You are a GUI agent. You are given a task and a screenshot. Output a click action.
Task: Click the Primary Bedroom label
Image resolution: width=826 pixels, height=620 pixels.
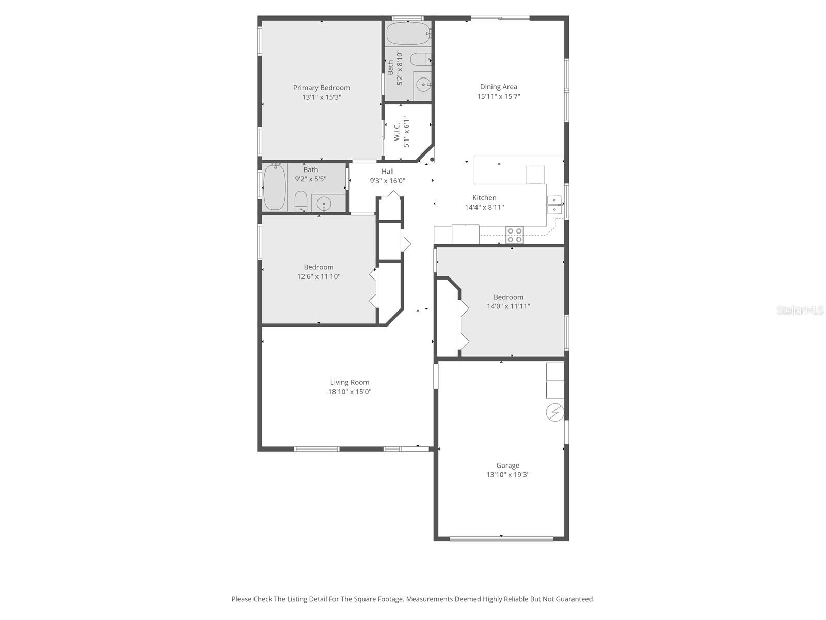pos(321,88)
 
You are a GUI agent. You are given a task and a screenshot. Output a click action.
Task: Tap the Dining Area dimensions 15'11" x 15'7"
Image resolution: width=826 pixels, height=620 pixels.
pos(498,96)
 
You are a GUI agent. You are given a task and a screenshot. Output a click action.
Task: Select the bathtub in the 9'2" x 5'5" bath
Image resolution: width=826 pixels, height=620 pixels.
pos(275,187)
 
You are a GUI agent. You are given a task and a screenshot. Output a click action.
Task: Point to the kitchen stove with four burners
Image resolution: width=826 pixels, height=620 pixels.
pos(514,235)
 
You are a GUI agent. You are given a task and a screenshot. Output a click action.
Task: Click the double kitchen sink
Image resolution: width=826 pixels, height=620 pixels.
pos(554,205)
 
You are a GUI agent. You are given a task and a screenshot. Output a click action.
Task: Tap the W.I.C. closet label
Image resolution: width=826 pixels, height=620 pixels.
pos(397,132)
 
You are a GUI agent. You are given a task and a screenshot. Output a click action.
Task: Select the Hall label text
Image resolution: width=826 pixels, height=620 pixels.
pos(387,172)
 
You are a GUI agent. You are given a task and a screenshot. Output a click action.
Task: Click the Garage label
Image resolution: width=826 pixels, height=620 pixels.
pos(507,466)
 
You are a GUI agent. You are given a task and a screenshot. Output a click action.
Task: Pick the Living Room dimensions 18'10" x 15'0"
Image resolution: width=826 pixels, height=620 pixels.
pos(350,392)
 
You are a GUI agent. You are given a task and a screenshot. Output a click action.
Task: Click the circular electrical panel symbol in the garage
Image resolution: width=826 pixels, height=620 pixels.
pos(555,412)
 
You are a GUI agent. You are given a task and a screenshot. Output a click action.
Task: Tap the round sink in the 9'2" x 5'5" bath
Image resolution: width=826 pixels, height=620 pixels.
pos(324,204)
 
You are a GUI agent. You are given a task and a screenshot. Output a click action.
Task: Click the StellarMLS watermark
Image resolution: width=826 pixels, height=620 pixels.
pos(800,310)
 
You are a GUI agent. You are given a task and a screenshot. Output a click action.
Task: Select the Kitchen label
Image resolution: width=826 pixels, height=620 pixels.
pos(484,198)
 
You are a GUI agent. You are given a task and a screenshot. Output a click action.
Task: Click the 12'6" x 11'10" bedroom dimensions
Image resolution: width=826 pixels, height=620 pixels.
pos(319,276)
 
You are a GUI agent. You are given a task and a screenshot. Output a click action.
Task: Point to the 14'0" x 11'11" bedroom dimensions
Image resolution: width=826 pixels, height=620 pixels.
pos(509,306)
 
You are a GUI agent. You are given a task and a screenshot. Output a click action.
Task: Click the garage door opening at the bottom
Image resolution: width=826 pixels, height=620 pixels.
pos(501,539)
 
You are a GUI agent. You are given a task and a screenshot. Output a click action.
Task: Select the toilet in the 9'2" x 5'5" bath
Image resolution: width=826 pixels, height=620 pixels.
pos(301,200)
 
